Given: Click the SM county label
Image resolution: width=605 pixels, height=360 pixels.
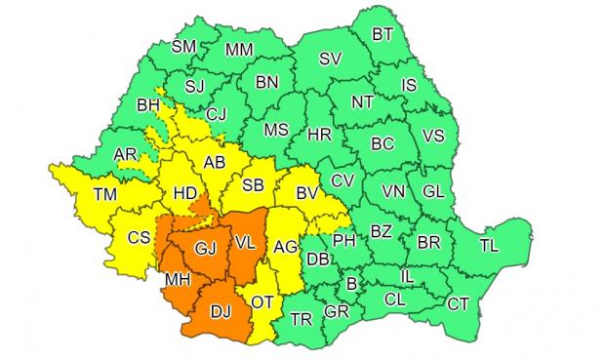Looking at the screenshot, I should pyautogui.click(x=183, y=45).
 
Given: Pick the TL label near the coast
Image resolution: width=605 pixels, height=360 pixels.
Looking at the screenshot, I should pyautogui.click(x=487, y=247).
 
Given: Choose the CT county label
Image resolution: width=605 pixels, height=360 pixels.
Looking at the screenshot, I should pyautogui.click(x=458, y=304).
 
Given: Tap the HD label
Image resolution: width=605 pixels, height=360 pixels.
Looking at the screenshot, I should pyautogui.click(x=184, y=194).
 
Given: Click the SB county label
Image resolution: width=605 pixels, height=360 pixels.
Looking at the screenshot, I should pyautogui.click(x=252, y=185).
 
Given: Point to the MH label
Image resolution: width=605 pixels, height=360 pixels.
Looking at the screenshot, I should pyautogui.click(x=176, y=281).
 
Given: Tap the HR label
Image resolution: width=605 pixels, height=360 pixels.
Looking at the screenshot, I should pyautogui.click(x=319, y=136).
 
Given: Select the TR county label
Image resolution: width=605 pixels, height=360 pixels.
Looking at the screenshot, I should pyautogui.click(x=302, y=317).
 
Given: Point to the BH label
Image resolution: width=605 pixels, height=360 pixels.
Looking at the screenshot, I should pyautogui.click(x=148, y=103).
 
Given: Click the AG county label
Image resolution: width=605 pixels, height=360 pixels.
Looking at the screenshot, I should pyautogui.click(x=285, y=248).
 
